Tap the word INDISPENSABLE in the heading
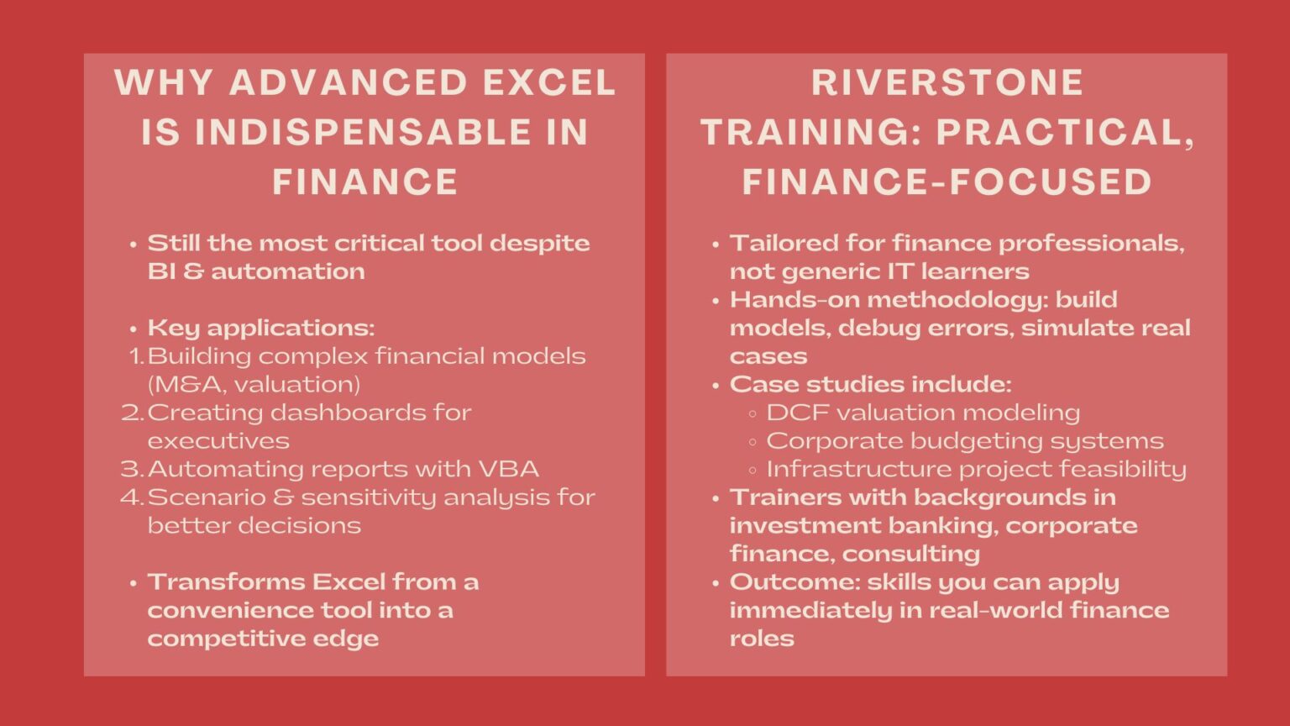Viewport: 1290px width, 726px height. click(x=364, y=132)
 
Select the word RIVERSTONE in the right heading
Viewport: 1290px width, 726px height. click(x=947, y=82)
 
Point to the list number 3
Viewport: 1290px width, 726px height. click(x=131, y=469)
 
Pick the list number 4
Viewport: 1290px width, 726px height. click(x=131, y=497)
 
